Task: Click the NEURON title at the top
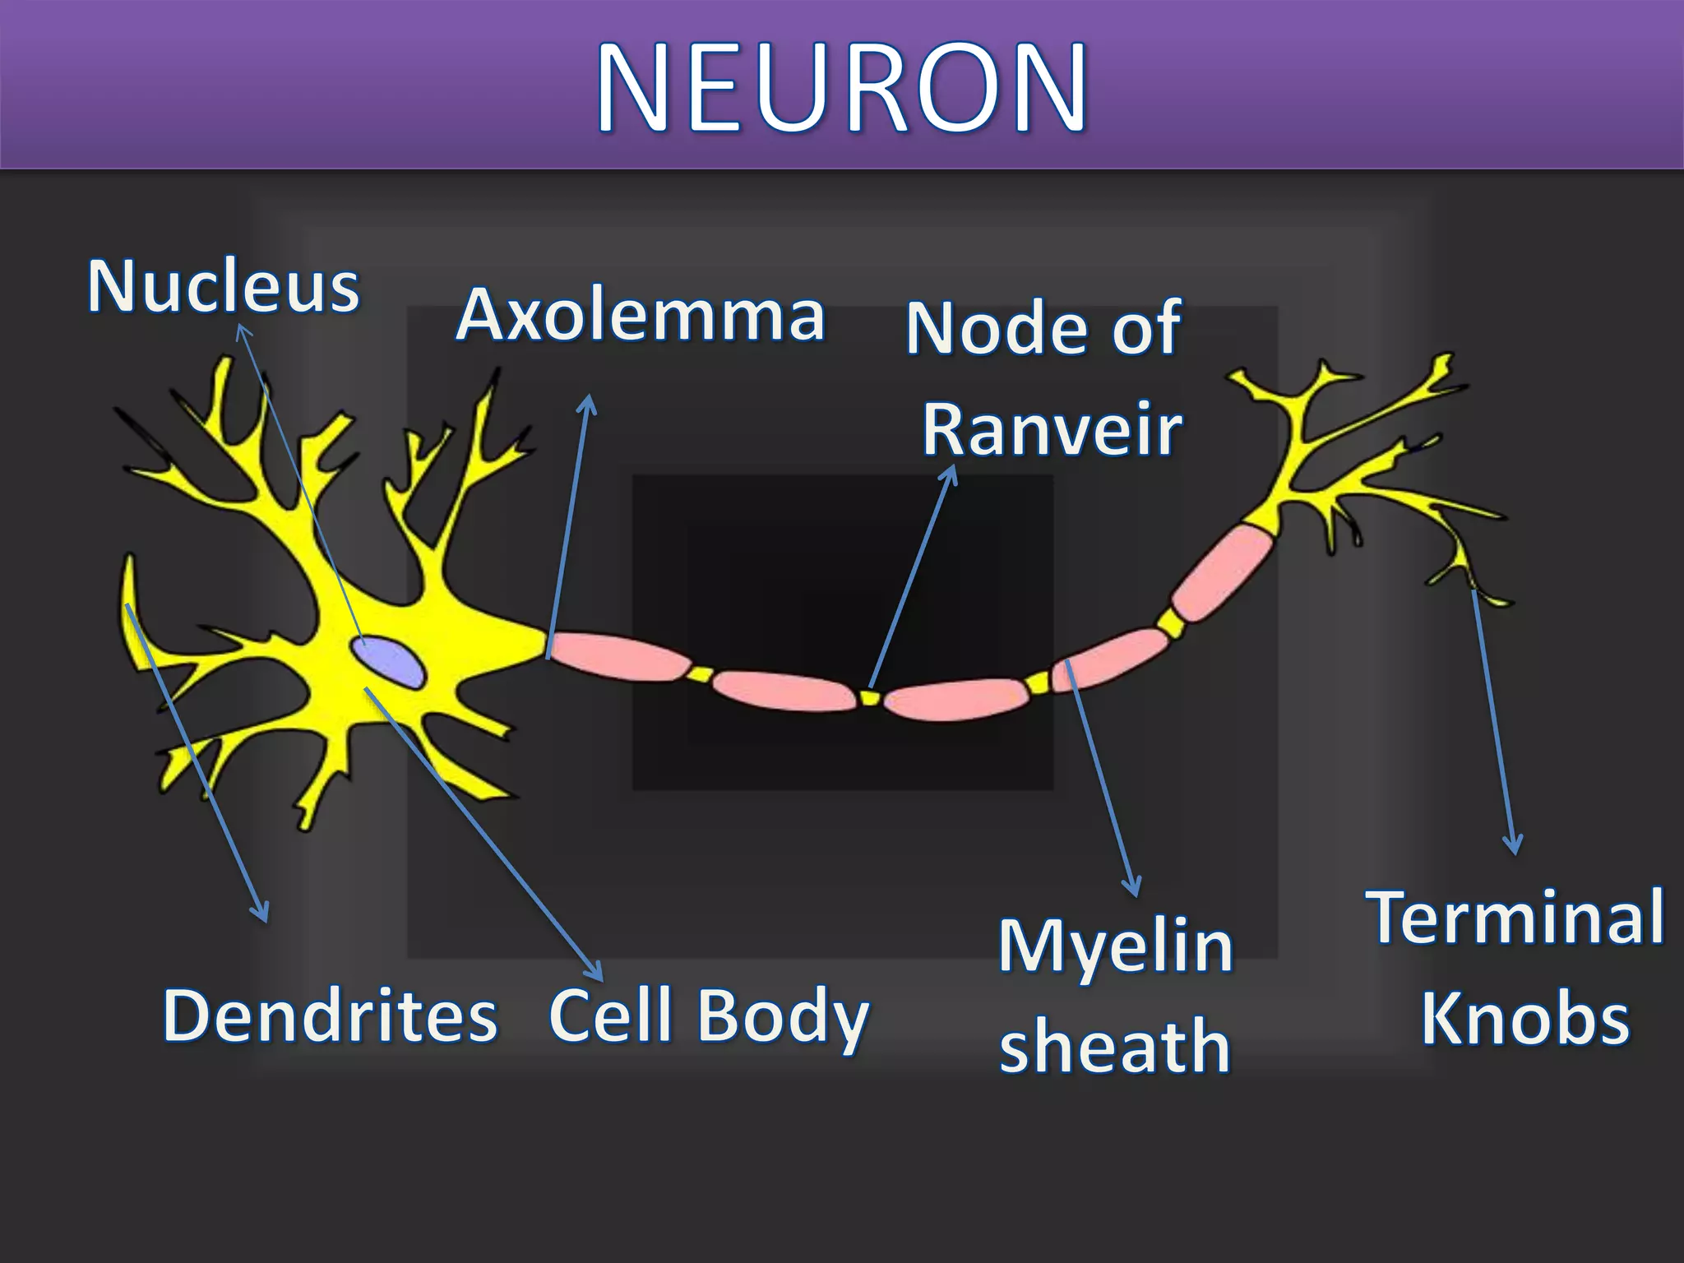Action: [x=842, y=86]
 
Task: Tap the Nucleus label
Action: [x=224, y=287]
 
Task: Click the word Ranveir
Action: [x=1052, y=429]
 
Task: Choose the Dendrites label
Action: [x=331, y=1016]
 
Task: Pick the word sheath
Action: [x=1115, y=1046]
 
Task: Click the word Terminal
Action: [x=1515, y=918]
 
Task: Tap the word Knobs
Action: [x=1525, y=1020]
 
